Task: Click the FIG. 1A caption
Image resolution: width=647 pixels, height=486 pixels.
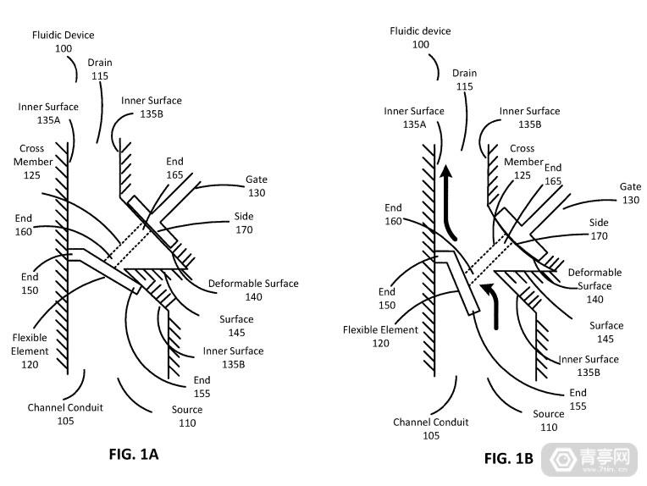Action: point(134,454)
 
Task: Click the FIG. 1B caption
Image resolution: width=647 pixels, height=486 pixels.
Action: point(509,458)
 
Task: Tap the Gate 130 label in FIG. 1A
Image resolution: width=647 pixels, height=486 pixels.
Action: point(257,186)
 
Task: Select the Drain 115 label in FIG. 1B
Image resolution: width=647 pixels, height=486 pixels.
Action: point(465,80)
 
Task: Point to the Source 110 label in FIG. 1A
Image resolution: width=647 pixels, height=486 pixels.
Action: point(187,417)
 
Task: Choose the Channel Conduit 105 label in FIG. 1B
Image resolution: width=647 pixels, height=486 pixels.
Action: point(431,428)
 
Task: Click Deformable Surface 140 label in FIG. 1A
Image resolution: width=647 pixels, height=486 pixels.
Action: point(253,290)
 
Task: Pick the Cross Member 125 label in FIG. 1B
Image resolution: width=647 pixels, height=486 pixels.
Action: point(523,162)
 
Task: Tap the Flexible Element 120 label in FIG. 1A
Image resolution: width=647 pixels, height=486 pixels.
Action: point(30,351)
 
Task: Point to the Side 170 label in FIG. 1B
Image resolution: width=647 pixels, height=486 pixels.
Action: point(599,229)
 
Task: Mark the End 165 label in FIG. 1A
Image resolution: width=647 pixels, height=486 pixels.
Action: point(174,168)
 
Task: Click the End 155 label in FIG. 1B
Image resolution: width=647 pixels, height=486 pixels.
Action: point(578,400)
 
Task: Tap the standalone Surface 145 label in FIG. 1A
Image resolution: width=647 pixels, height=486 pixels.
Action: point(236,326)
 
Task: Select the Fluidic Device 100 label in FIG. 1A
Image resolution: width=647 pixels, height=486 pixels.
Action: point(64,41)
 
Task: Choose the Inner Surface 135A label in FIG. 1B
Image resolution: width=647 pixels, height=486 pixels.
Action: point(414,118)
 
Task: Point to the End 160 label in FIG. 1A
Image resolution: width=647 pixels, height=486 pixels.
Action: point(23,225)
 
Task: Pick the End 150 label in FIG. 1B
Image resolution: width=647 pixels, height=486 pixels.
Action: point(387,298)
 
